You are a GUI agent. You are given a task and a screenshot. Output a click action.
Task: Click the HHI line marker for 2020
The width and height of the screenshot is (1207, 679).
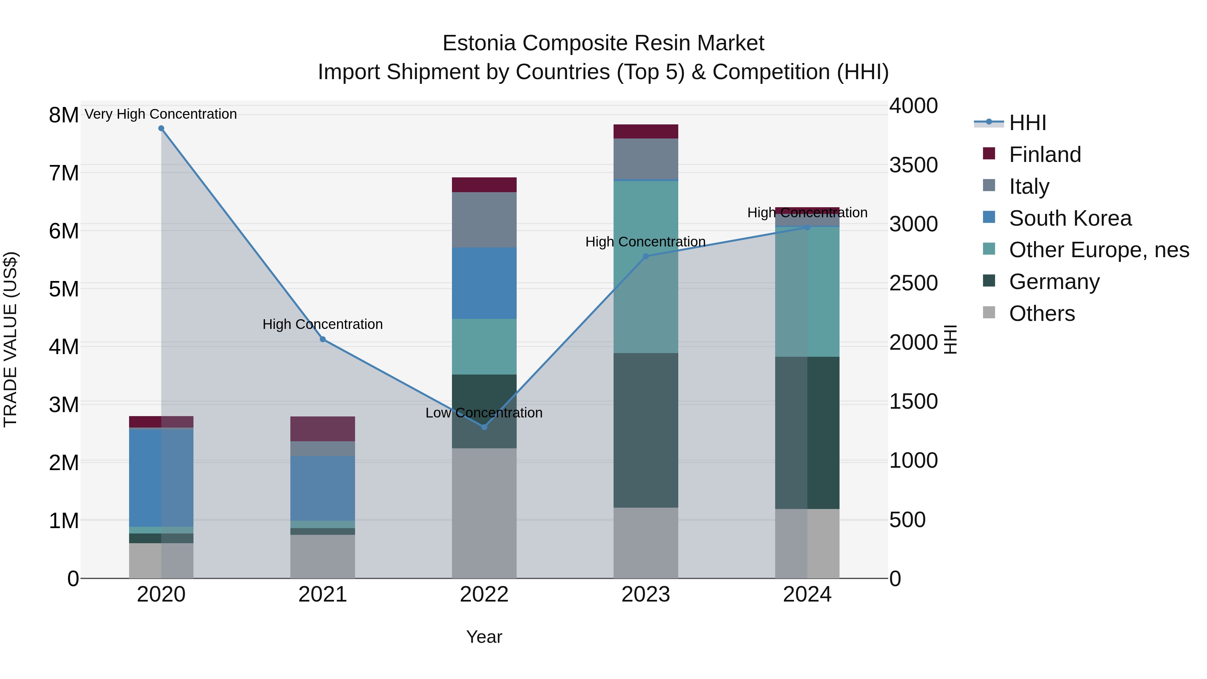pyautogui.click(x=161, y=128)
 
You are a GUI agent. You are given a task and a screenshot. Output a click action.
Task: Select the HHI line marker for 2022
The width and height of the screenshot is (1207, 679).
pyautogui.click(x=484, y=427)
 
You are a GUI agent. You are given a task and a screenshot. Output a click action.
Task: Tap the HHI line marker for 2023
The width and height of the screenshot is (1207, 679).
pyautogui.click(x=646, y=256)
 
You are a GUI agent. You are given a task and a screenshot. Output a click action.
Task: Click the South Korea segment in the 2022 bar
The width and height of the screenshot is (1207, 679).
pyautogui.click(x=484, y=283)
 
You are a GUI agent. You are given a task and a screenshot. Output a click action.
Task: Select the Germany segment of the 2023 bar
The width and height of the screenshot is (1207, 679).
pyautogui.click(x=646, y=430)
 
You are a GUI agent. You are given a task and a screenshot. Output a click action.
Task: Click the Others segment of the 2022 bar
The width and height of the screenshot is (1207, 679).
pyautogui.click(x=484, y=513)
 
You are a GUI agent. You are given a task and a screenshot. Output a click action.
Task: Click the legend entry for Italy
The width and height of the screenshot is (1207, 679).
pyautogui.click(x=1029, y=186)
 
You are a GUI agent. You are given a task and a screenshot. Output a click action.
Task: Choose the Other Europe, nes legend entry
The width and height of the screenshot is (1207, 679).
pyautogui.click(x=1099, y=250)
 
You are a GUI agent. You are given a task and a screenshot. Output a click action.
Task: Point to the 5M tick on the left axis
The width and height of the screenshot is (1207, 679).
pyautogui.click(x=64, y=289)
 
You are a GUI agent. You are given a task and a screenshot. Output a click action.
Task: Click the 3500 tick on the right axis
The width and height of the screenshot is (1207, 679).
pyautogui.click(x=913, y=165)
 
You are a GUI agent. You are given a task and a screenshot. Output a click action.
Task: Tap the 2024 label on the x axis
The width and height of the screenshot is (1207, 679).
pyautogui.click(x=807, y=595)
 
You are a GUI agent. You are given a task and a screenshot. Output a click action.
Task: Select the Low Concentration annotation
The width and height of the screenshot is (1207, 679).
pyautogui.click(x=484, y=413)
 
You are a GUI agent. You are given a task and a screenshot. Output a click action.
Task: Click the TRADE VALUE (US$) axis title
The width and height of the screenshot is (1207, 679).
pyautogui.click(x=10, y=339)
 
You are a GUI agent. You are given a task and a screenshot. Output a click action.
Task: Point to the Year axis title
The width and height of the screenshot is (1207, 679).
pyautogui.click(x=484, y=637)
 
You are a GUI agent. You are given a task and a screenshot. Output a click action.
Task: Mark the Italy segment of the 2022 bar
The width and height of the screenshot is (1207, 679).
pyautogui.click(x=484, y=220)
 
